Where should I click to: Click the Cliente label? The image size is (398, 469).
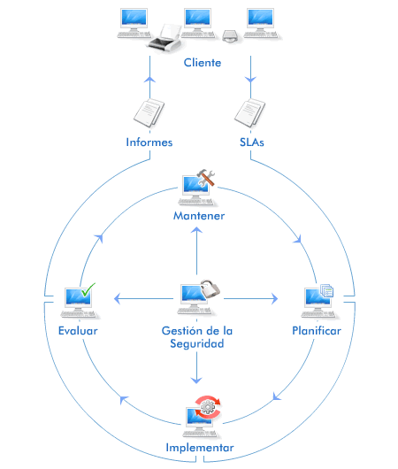[203, 63]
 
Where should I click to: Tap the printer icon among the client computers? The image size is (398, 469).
[165, 38]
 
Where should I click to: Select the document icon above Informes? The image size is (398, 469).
[149, 112]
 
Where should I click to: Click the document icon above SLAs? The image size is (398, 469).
[249, 112]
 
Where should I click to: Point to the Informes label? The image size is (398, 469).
[149, 142]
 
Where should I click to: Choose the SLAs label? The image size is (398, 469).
[252, 142]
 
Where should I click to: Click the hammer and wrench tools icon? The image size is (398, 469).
[206, 177]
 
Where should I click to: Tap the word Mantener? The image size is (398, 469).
[199, 216]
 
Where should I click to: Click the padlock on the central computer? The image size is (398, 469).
[210, 289]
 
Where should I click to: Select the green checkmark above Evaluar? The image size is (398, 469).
[88, 289]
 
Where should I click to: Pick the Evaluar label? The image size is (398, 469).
[78, 331]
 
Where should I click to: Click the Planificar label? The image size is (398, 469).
[317, 331]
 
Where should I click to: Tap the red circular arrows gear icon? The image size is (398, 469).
[208, 407]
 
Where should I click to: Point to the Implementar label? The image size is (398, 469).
[200, 448]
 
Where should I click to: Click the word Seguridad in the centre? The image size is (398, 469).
[197, 343]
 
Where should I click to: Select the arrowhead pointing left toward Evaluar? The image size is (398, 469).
[117, 298]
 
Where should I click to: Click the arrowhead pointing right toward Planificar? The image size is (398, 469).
[274, 298]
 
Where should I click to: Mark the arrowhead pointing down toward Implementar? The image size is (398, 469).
[196, 381]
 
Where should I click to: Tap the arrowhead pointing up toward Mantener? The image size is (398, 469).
[196, 230]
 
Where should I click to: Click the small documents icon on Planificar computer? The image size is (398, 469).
[327, 290]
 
